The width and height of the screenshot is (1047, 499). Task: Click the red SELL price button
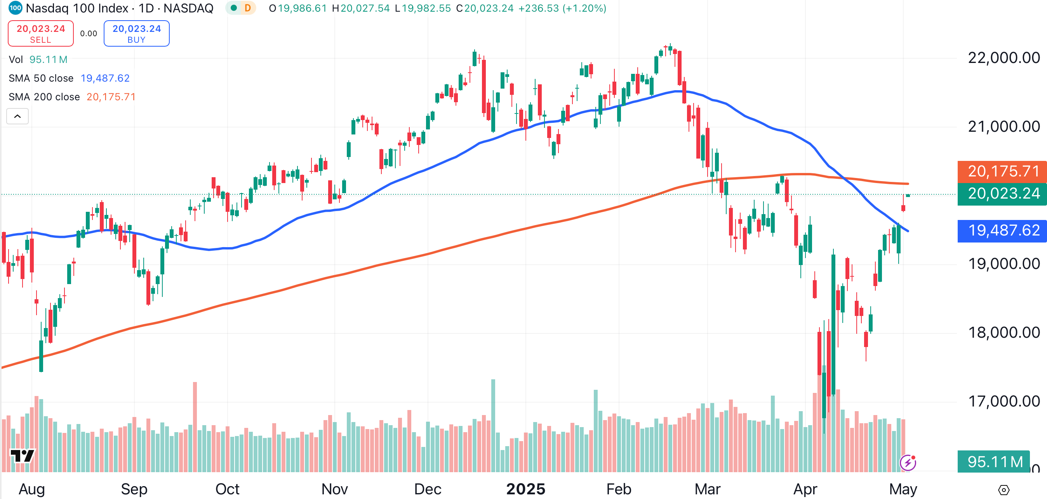(x=41, y=33)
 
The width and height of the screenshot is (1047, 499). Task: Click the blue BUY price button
(x=137, y=33)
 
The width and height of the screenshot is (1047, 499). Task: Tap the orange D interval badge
(x=247, y=8)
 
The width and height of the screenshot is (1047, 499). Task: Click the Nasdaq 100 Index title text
(x=77, y=8)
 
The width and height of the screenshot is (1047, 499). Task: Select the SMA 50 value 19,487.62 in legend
(x=105, y=78)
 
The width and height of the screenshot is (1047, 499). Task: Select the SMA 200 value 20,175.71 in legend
(x=111, y=97)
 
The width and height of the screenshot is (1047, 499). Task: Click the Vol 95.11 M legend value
(x=48, y=59)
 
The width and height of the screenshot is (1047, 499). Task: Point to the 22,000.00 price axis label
(x=1004, y=58)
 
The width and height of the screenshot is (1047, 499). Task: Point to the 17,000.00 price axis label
(x=1004, y=401)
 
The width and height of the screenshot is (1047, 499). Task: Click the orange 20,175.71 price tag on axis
(x=1003, y=171)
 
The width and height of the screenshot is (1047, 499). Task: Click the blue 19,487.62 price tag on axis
(x=1003, y=230)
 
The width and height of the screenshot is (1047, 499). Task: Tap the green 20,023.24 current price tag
(x=1003, y=194)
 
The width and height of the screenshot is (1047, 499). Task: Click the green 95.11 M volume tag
(x=994, y=462)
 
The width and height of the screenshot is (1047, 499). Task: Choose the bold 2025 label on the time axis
(x=525, y=489)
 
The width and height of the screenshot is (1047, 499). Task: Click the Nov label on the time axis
(x=334, y=489)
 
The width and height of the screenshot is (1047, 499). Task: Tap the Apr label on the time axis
(x=805, y=489)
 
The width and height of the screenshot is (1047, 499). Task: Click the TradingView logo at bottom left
(x=23, y=455)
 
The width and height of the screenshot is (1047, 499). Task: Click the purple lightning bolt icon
(x=908, y=462)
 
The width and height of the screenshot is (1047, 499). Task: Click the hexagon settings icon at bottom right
(x=1004, y=490)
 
